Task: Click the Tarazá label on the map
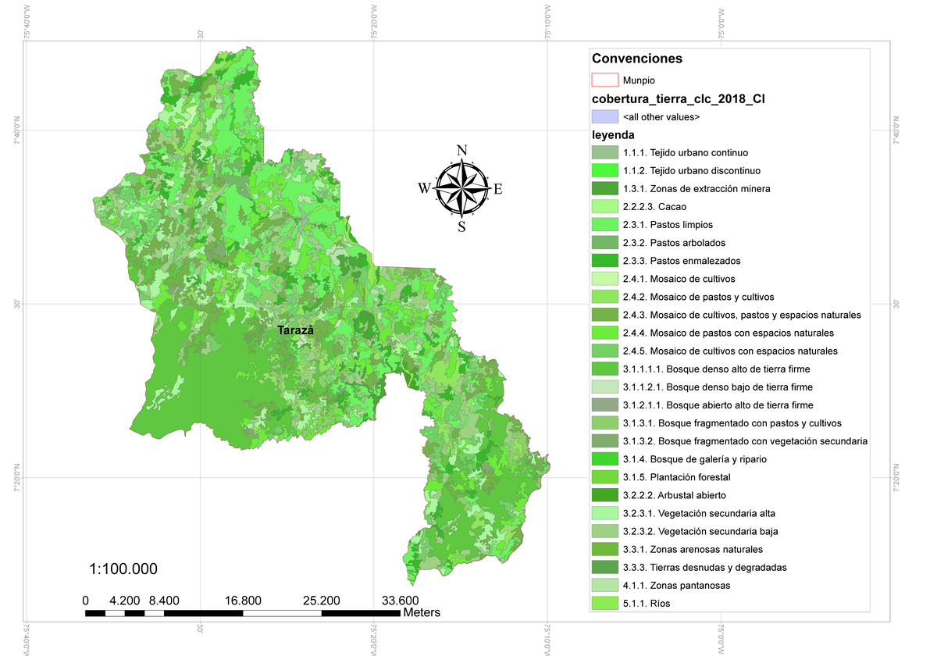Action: click(x=295, y=331)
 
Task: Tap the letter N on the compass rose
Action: click(x=461, y=151)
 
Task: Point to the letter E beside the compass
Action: click(x=498, y=188)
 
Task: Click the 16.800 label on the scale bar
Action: click(x=243, y=601)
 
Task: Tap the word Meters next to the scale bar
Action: click(x=422, y=613)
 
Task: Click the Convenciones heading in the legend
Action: click(x=637, y=59)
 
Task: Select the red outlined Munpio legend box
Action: click(x=604, y=80)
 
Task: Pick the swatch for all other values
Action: click(x=604, y=116)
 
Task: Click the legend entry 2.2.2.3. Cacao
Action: click(x=655, y=207)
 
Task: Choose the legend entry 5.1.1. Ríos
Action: click(x=647, y=604)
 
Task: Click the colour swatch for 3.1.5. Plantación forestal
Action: click(x=604, y=477)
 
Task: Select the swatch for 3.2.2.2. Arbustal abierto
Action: click(x=604, y=495)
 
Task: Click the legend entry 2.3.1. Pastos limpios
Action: click(x=668, y=225)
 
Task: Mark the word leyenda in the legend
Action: click(x=613, y=135)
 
